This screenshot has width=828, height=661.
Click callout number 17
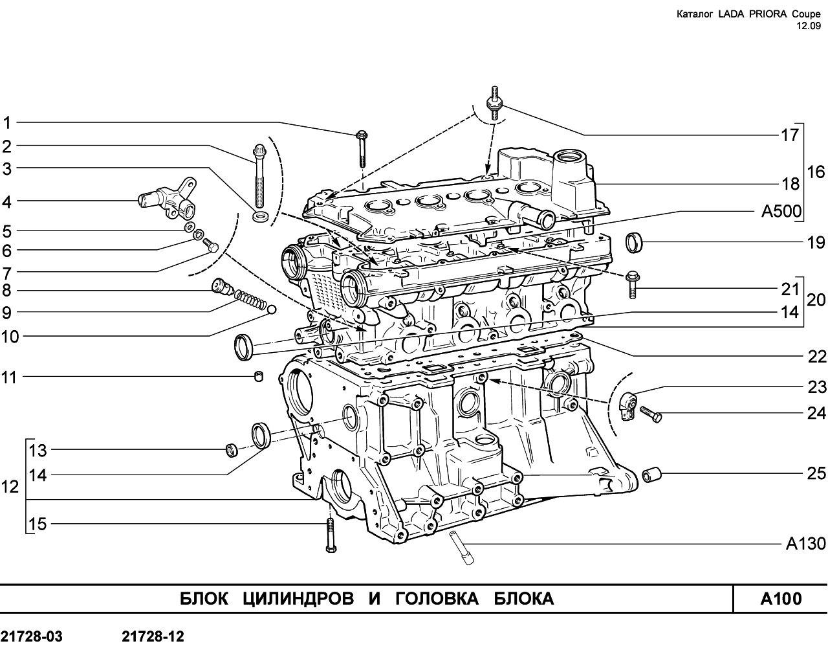(790, 135)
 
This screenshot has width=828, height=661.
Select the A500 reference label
(781, 211)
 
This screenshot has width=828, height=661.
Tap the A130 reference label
(806, 544)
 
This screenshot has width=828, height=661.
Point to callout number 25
(816, 473)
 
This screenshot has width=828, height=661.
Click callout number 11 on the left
(9, 377)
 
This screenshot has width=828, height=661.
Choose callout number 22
(817, 357)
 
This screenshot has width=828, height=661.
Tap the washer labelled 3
(261, 216)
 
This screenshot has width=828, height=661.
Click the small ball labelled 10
(272, 309)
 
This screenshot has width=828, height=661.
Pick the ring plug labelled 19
(634, 243)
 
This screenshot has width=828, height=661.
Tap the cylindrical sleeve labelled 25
(652, 475)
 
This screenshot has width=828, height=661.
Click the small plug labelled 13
(232, 451)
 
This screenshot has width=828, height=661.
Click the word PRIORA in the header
(761, 14)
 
